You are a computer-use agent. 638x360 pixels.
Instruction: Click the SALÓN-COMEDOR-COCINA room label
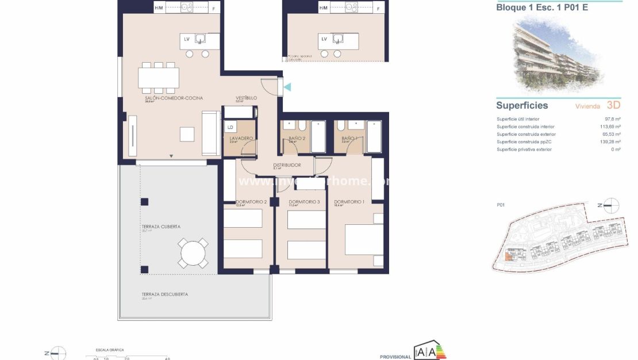(x=174, y=98)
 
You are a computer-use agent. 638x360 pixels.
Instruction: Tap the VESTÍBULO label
(x=246, y=98)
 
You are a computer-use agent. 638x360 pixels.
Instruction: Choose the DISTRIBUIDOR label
(x=287, y=165)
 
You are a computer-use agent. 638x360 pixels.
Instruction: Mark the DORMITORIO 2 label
(x=251, y=202)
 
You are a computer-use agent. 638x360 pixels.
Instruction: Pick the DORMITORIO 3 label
(x=303, y=202)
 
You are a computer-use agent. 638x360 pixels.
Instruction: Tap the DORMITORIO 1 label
(x=349, y=202)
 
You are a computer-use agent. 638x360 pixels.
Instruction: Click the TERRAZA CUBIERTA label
(x=160, y=227)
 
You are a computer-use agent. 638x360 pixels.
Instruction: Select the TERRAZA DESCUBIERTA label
(x=164, y=294)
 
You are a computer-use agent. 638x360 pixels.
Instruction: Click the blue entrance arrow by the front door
(x=287, y=87)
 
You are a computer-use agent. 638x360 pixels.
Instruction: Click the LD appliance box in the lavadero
(x=230, y=127)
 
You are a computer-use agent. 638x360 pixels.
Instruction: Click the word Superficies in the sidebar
(x=522, y=106)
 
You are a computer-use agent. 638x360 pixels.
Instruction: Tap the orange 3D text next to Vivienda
(x=613, y=106)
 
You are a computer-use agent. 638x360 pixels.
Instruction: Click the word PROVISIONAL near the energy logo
(x=395, y=357)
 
